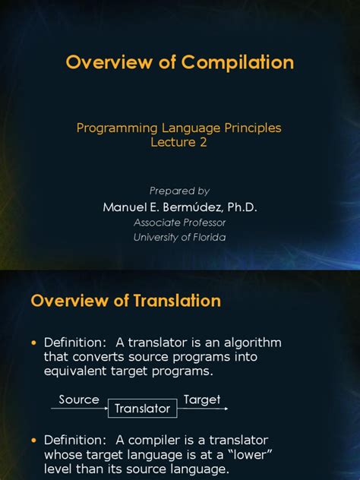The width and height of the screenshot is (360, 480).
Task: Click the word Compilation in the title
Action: [235, 62]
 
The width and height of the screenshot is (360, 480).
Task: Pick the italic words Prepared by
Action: [179, 191]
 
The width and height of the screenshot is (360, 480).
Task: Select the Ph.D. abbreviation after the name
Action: [240, 207]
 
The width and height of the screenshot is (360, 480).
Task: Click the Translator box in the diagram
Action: [142, 409]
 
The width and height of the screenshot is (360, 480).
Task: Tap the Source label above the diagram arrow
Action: [79, 399]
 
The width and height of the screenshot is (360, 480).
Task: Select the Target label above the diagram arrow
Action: [201, 399]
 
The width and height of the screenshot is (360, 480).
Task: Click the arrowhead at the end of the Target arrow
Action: [225, 409]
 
